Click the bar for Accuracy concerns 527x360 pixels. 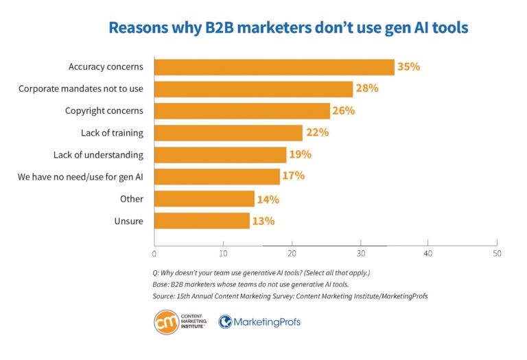[x=274, y=67]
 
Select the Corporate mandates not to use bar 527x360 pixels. [x=253, y=88]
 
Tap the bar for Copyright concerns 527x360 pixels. [x=242, y=110]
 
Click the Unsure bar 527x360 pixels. [x=202, y=220]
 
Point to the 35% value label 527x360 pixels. [x=408, y=67]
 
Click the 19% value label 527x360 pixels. [x=300, y=154]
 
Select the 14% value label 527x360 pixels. [x=268, y=199]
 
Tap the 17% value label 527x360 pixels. [x=293, y=176]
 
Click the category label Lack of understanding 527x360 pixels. [x=98, y=154]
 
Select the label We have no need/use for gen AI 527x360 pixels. [x=80, y=177]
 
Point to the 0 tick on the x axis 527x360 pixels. [x=154, y=253]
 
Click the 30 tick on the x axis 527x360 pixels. [x=360, y=253]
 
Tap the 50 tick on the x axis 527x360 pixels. [x=497, y=253]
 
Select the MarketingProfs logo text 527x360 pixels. [x=268, y=322]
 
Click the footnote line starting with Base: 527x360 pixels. [x=251, y=284]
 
